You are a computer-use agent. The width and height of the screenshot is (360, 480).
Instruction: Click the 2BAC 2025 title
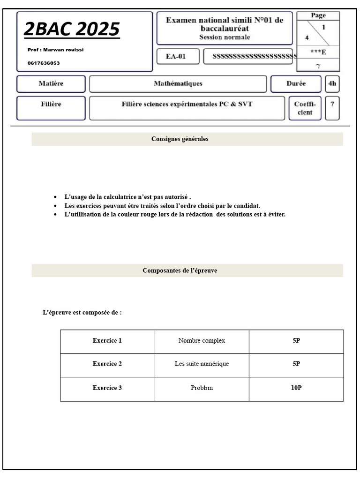72,29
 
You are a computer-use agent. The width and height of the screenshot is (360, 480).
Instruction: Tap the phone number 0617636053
44,63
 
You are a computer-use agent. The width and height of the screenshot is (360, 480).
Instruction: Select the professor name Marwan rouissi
56,50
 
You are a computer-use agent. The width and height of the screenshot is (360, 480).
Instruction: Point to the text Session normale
225,37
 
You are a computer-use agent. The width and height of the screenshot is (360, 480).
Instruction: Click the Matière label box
51,84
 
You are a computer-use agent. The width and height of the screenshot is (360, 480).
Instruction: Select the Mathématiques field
178,84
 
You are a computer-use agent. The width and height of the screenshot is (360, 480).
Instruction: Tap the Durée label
296,84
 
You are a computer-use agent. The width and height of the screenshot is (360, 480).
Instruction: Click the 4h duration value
332,84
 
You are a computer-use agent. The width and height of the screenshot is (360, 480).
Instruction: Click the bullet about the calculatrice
127,197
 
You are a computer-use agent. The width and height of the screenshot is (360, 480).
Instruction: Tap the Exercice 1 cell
107,341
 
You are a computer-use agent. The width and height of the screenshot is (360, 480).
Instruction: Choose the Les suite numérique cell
202,364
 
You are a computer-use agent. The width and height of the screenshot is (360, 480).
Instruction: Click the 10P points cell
296,388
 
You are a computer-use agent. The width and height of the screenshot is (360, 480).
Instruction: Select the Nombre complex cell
202,341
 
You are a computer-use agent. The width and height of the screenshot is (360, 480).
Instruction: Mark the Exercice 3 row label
107,388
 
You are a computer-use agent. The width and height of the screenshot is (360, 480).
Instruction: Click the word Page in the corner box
318,15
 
